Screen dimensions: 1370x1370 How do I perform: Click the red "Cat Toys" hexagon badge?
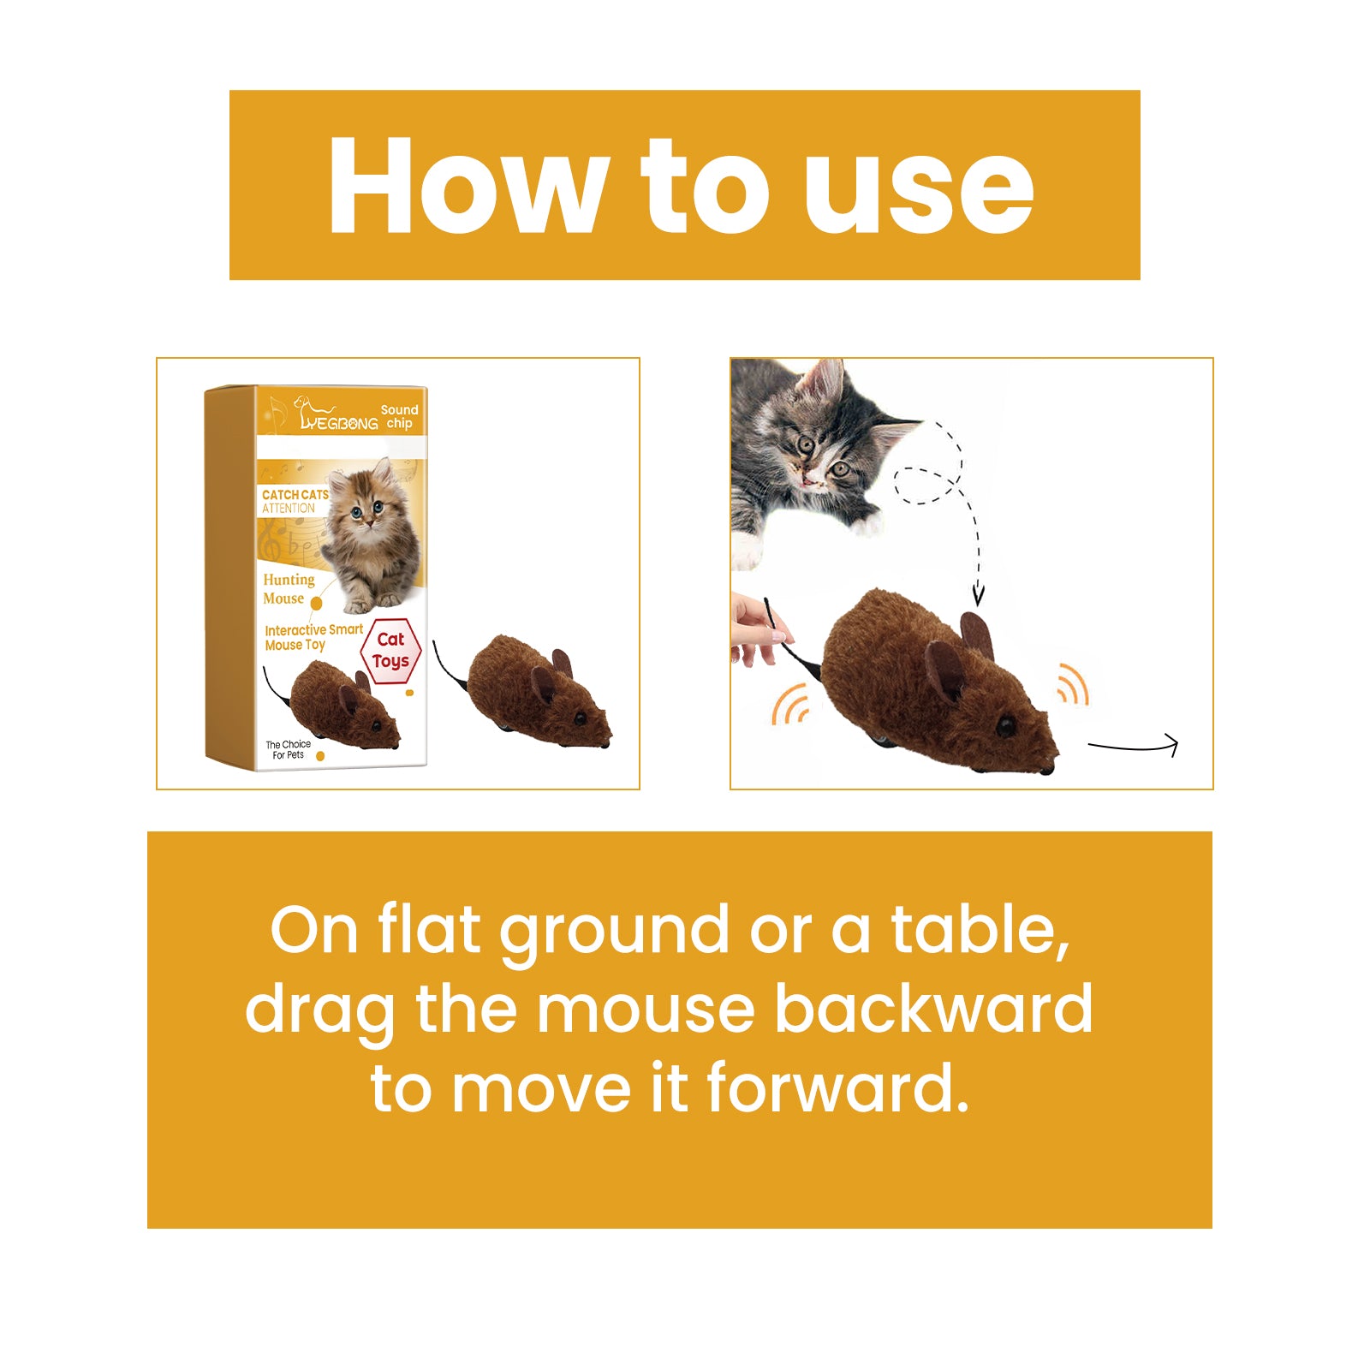pos(390,651)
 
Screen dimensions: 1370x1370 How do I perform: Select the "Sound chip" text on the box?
pos(399,416)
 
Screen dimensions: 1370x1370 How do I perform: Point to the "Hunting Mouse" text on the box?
pos(288,589)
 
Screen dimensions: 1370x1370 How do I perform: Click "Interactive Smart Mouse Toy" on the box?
pos(313,637)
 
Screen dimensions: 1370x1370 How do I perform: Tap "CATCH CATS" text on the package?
pos(295,495)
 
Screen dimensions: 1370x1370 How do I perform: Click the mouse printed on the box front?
pos(342,706)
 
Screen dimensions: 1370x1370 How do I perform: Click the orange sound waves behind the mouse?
pos(789,704)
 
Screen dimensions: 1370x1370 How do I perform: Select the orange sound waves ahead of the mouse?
pos(1071,684)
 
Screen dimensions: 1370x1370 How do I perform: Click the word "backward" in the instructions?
pos(933,1009)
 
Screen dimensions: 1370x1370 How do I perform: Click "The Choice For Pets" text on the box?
pos(288,749)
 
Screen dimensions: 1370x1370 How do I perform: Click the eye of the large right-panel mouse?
pos(1005,728)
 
